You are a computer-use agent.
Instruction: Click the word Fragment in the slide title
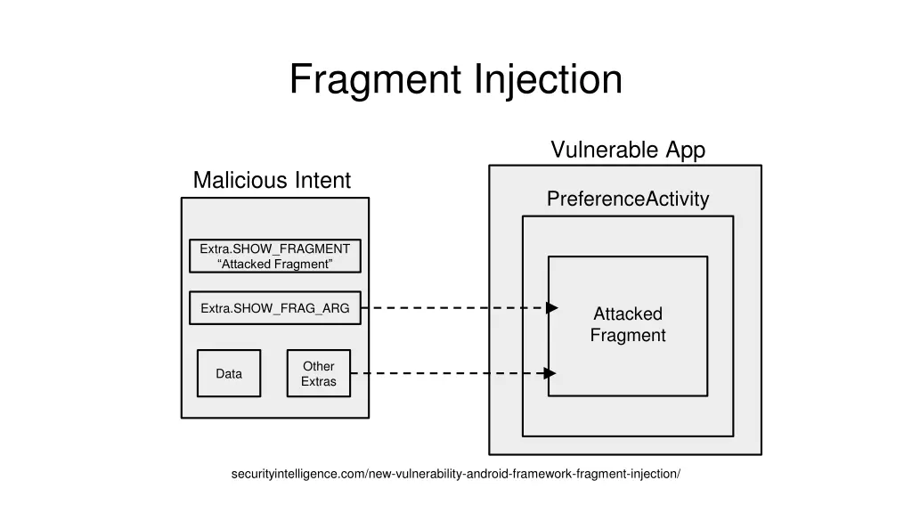[x=376, y=79]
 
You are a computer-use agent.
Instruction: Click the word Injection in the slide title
[x=548, y=79]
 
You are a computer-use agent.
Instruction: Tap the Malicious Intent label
[x=272, y=180]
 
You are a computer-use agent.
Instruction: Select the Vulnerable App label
[x=628, y=150]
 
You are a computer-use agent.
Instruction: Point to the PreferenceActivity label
[x=628, y=199]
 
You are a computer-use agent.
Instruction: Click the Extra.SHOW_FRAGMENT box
[x=275, y=256]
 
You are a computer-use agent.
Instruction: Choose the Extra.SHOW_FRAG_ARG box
[x=275, y=307]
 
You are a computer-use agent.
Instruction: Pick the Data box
[x=229, y=373]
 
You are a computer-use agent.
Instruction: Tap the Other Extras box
[x=319, y=373]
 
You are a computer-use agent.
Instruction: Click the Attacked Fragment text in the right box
[x=628, y=324]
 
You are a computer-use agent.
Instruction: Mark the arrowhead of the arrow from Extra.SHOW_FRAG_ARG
[x=552, y=307]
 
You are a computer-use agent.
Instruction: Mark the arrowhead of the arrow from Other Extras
[x=550, y=373]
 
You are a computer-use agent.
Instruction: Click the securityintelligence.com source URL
[x=456, y=474]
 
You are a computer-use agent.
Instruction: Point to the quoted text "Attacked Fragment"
[x=275, y=264]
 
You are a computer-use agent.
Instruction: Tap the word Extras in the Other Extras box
[x=319, y=381]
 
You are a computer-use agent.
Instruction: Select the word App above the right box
[x=686, y=150]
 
